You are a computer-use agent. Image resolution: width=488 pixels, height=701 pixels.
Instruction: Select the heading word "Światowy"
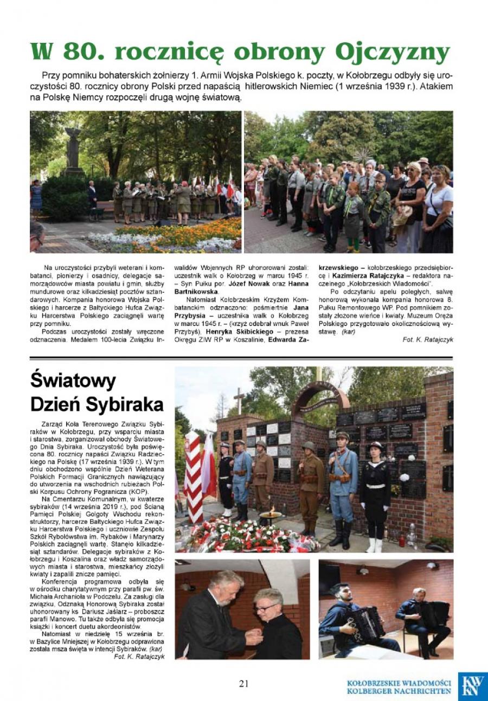tap(73, 381)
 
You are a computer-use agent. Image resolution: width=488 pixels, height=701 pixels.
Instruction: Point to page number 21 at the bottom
tap(243, 683)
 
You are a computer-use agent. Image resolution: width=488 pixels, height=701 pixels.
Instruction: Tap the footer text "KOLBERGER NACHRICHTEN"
tap(399, 691)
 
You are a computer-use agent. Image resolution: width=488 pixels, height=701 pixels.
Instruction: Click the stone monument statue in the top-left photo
tap(73, 149)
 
